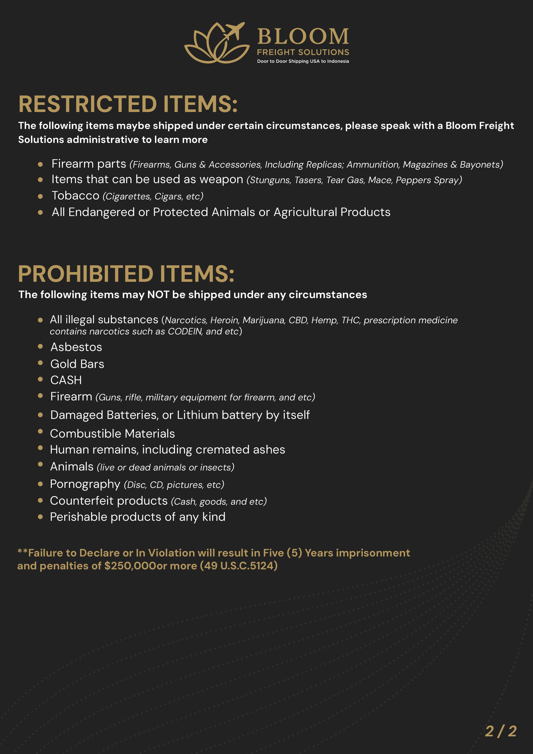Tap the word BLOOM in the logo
pos(303,36)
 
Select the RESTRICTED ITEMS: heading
pos(128,104)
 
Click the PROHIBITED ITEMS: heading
pos(126,274)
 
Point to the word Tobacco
pos(75,196)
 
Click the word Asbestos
pos(76,347)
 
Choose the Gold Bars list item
pos(77,364)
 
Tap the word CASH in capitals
pos(66,380)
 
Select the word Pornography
pos(85,484)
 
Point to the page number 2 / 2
pos(500,731)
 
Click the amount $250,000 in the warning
pos(130,566)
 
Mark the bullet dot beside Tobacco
pos(40,197)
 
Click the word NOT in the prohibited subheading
pos(158,295)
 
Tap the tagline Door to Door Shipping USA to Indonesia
pos(303,61)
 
